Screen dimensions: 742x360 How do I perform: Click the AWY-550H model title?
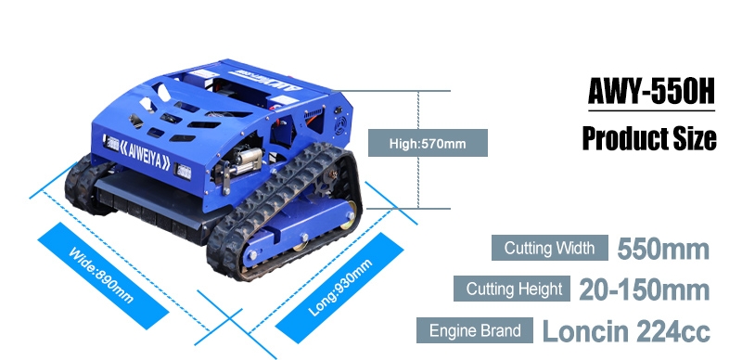[x=651, y=91]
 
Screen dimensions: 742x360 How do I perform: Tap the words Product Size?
[x=649, y=138]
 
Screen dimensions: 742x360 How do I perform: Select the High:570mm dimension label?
[x=428, y=143]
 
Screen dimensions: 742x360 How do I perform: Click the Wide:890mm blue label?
[x=103, y=276]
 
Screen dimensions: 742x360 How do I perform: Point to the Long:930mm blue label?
[x=339, y=288]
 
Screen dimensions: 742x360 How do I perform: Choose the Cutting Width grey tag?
[x=549, y=248]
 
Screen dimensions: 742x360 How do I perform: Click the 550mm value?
[x=663, y=250]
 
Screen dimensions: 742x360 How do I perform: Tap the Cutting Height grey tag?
[x=512, y=289]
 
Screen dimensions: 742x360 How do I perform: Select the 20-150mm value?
[x=645, y=289]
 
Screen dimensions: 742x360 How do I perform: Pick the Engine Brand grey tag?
[x=475, y=330]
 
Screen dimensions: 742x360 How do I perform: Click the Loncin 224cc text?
[x=626, y=331]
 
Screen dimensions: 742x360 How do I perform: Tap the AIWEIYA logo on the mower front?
[x=147, y=156]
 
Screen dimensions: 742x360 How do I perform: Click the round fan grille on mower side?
[x=339, y=125]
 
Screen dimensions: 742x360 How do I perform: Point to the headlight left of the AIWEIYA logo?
[x=111, y=143]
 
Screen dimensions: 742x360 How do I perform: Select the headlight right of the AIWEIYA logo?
[x=183, y=171]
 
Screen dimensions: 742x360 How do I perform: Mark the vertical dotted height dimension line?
[x=418, y=149]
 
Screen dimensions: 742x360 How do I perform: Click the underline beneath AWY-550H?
[x=652, y=110]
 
